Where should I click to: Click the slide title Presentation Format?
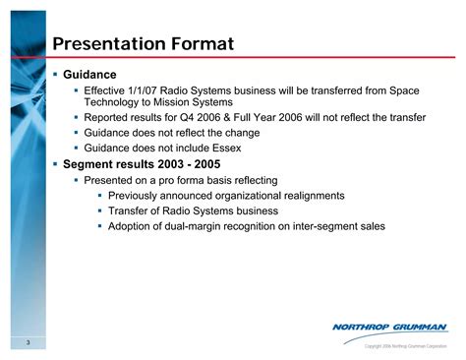click(x=143, y=44)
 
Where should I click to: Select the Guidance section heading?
click(x=89, y=75)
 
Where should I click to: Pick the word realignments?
click(x=311, y=195)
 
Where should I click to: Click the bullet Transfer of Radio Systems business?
click(x=193, y=210)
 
